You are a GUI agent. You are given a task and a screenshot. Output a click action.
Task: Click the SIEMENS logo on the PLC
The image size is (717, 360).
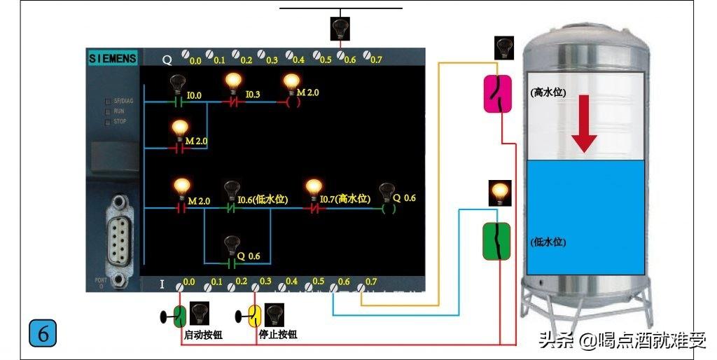coord(112,59)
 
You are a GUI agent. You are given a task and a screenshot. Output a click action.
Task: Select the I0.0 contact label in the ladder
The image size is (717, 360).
coord(194,95)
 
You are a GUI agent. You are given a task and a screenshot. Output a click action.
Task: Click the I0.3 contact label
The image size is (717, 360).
coord(253,95)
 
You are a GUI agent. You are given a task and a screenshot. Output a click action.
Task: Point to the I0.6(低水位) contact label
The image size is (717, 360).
coord(263,200)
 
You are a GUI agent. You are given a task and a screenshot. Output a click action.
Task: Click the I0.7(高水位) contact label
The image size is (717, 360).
coord(344,200)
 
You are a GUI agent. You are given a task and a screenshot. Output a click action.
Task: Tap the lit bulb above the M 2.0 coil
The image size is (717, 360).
coord(292,83)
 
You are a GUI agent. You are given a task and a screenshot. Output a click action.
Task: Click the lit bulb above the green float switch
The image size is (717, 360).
coord(500,193)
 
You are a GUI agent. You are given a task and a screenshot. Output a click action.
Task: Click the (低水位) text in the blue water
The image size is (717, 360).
coord(548,242)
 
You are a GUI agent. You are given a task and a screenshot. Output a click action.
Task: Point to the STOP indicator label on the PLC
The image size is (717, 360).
coord(119,122)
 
